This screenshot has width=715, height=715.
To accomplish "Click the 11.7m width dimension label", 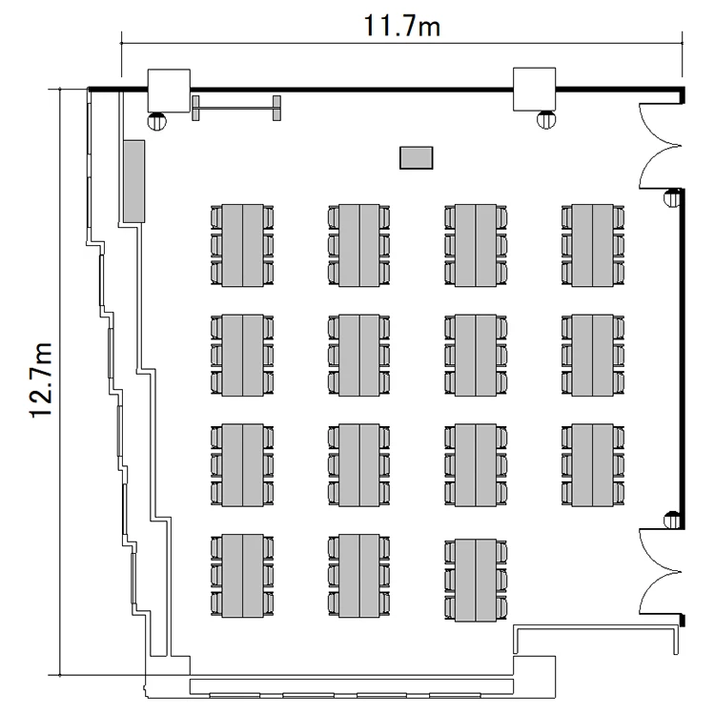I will [400, 25].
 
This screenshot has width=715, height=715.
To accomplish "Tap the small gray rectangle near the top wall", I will [416, 157].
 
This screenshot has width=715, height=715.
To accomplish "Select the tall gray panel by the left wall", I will [133, 179].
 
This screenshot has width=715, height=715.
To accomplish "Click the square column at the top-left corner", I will [169, 91].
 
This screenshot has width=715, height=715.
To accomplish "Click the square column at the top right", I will [535, 91].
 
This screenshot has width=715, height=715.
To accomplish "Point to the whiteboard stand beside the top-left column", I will [235, 108].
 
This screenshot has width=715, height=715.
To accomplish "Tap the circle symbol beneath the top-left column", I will [156, 120].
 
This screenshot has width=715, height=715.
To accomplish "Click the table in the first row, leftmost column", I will [242, 244].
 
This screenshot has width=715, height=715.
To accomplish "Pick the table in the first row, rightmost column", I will [593, 244].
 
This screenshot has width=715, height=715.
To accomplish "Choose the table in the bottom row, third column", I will [476, 580].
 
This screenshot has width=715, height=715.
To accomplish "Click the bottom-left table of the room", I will [242, 575].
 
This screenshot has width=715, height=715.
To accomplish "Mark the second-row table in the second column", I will [359, 355].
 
